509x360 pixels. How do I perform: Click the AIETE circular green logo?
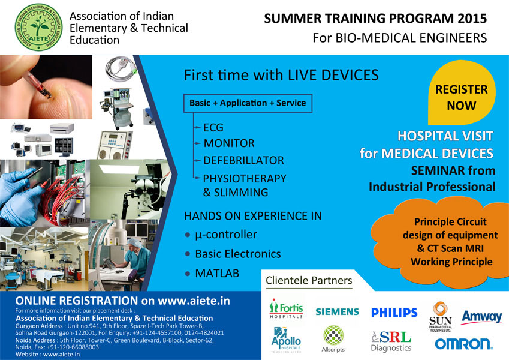38,27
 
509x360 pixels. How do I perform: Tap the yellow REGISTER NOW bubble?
462,93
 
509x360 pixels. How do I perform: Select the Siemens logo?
338,311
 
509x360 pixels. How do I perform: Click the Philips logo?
394,313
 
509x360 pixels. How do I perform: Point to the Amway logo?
482,317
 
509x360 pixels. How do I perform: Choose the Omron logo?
463,344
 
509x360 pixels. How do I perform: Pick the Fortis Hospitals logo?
286,308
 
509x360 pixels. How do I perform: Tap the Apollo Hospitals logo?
287,340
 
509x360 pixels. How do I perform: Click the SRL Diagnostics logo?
391,341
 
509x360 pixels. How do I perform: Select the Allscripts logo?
333,339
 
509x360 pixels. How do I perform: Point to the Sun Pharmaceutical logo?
441,317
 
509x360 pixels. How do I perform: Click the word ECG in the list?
213,128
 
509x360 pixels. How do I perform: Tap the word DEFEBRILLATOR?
243,160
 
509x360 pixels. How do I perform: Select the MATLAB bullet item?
212,273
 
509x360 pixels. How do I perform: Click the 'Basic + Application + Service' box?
248,103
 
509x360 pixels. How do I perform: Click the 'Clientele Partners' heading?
309,280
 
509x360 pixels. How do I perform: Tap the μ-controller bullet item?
221,235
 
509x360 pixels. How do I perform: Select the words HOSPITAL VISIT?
445,136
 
